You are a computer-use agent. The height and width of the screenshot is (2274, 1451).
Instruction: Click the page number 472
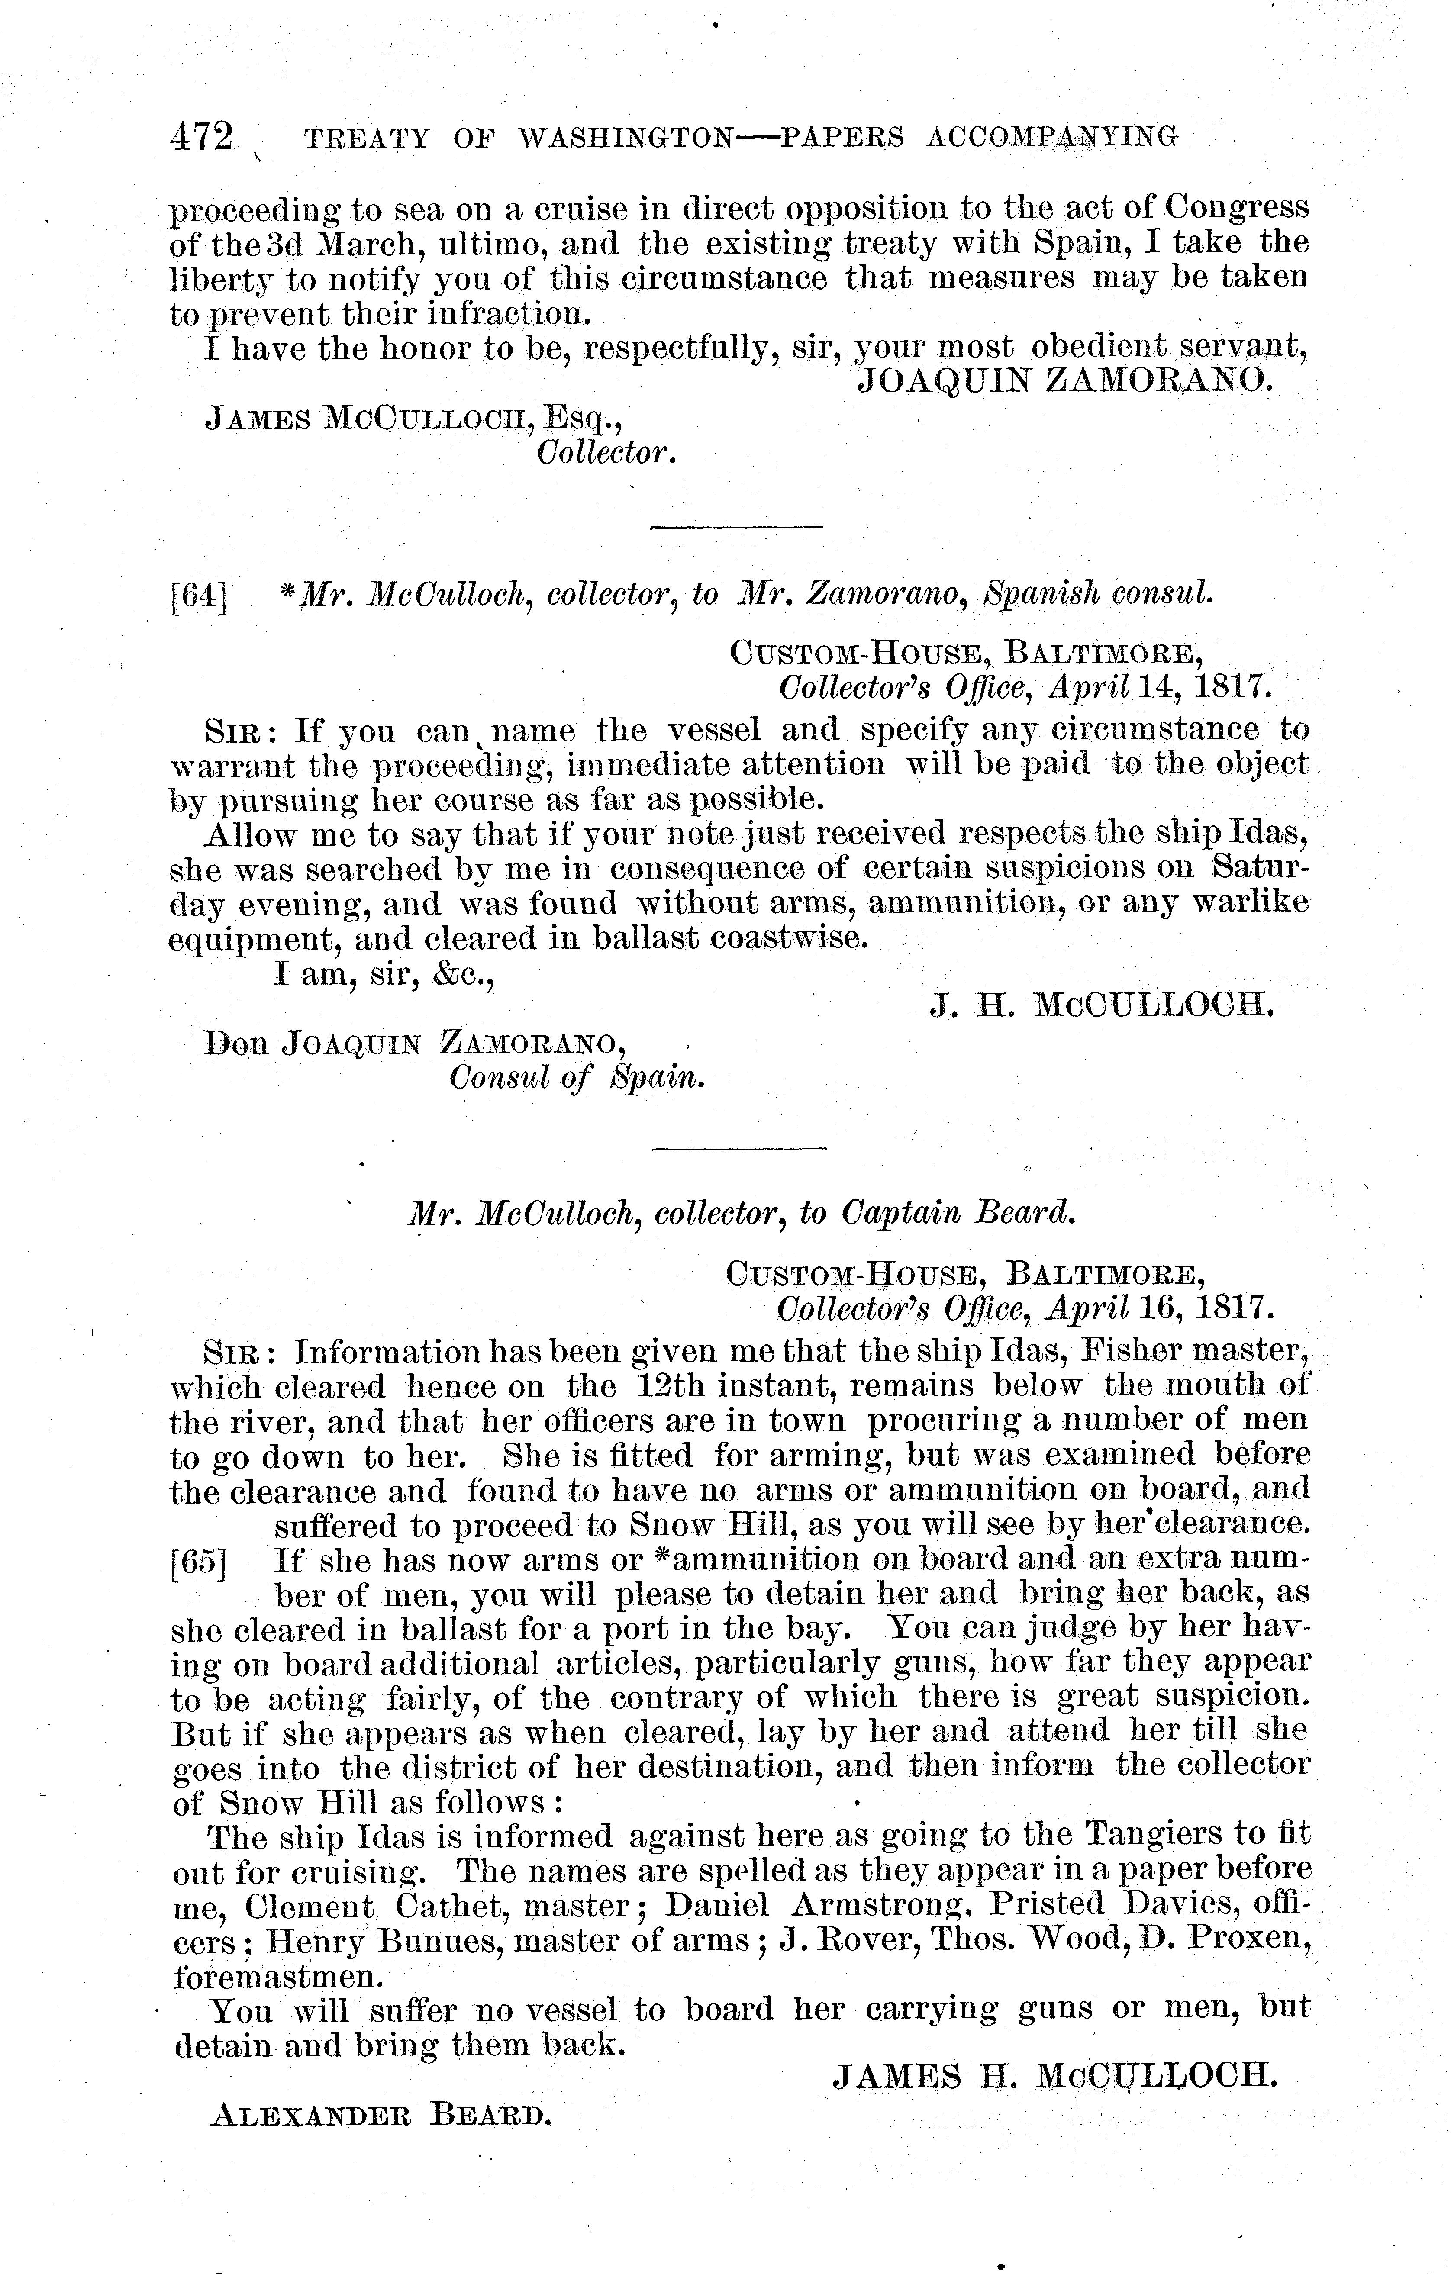[200, 138]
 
